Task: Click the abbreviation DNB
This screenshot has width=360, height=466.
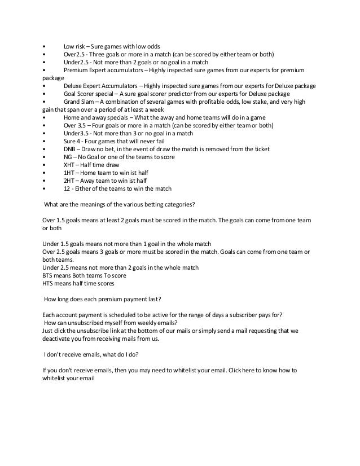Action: tap(70, 149)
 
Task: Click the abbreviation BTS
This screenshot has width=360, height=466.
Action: tap(49, 275)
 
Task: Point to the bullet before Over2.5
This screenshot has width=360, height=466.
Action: tap(44, 54)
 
